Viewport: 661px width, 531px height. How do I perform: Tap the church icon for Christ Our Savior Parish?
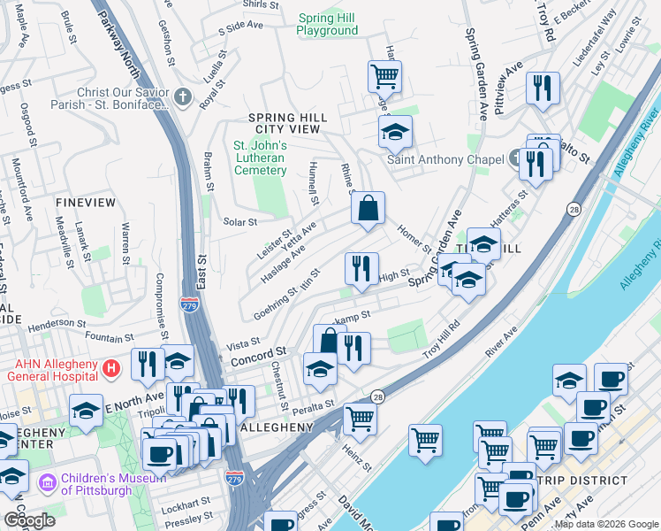[x=183, y=96]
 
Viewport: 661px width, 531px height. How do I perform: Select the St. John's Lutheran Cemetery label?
[x=260, y=158]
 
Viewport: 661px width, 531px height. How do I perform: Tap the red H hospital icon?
[x=110, y=366]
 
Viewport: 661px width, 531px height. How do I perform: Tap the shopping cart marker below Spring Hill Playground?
[x=384, y=77]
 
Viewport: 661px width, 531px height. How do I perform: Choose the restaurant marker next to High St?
[x=361, y=269]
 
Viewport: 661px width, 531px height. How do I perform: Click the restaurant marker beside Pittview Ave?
[x=541, y=88]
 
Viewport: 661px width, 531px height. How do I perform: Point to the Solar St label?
[x=239, y=222]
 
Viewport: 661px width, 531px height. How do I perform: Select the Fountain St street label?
[x=104, y=337]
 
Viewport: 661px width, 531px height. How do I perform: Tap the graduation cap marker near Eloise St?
[x=86, y=411]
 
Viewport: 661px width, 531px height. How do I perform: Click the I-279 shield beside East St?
[x=188, y=304]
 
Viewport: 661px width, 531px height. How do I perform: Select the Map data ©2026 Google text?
[x=606, y=524]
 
